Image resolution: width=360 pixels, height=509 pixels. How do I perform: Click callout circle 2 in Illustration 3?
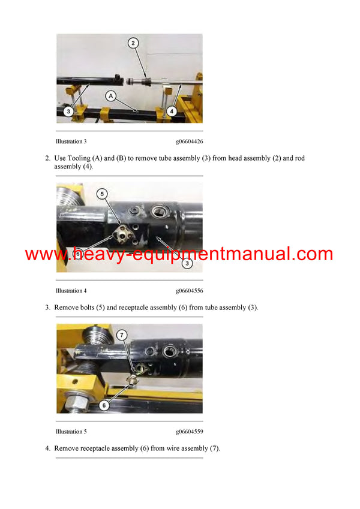pyautogui.click(x=133, y=43)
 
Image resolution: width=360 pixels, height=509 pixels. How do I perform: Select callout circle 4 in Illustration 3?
pyautogui.click(x=171, y=111)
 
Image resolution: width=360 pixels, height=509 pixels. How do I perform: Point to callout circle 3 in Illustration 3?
pyautogui.click(x=68, y=111)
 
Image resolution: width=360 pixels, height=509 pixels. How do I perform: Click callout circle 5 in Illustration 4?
pyautogui.click(x=103, y=194)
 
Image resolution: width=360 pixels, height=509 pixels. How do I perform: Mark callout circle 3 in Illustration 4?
pyautogui.click(x=187, y=263)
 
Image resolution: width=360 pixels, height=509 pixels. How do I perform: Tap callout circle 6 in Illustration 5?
pyautogui.click(x=103, y=405)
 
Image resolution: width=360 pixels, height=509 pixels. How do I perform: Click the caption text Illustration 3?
pyautogui.click(x=71, y=141)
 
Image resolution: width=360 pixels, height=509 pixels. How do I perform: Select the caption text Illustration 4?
pyautogui.click(x=71, y=291)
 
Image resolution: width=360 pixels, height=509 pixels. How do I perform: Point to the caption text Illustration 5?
pyautogui.click(x=71, y=432)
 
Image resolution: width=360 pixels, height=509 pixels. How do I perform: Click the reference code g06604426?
pyautogui.click(x=189, y=141)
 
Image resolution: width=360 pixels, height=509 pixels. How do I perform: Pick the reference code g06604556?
pyautogui.click(x=189, y=291)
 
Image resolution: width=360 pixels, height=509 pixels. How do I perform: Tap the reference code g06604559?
pyautogui.click(x=189, y=432)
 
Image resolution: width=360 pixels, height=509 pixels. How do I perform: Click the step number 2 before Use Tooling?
pyautogui.click(x=47, y=158)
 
